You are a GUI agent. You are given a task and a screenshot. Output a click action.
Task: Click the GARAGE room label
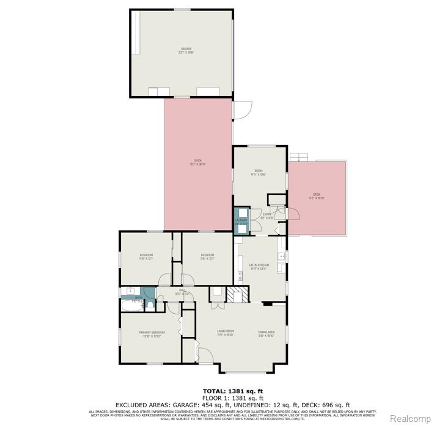pos(185,50)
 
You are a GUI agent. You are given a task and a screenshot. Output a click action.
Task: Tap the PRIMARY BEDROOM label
pos(152,334)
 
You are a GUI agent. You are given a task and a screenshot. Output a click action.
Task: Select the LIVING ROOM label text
pos(226,334)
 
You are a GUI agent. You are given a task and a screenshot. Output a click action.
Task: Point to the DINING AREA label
pos(267,334)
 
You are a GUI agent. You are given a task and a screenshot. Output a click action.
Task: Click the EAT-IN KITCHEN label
pos(259,267)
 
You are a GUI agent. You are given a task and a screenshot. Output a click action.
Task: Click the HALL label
pos(182,292)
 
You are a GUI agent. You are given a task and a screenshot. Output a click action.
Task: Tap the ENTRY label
pos(267,215)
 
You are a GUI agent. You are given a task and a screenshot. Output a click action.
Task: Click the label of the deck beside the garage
pos(198,163)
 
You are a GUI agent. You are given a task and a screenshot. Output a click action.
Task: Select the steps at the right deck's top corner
pos(297,156)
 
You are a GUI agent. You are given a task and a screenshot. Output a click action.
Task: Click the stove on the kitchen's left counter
pos(240,275)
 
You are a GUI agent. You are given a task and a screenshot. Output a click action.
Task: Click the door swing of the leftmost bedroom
pos(164,280)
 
